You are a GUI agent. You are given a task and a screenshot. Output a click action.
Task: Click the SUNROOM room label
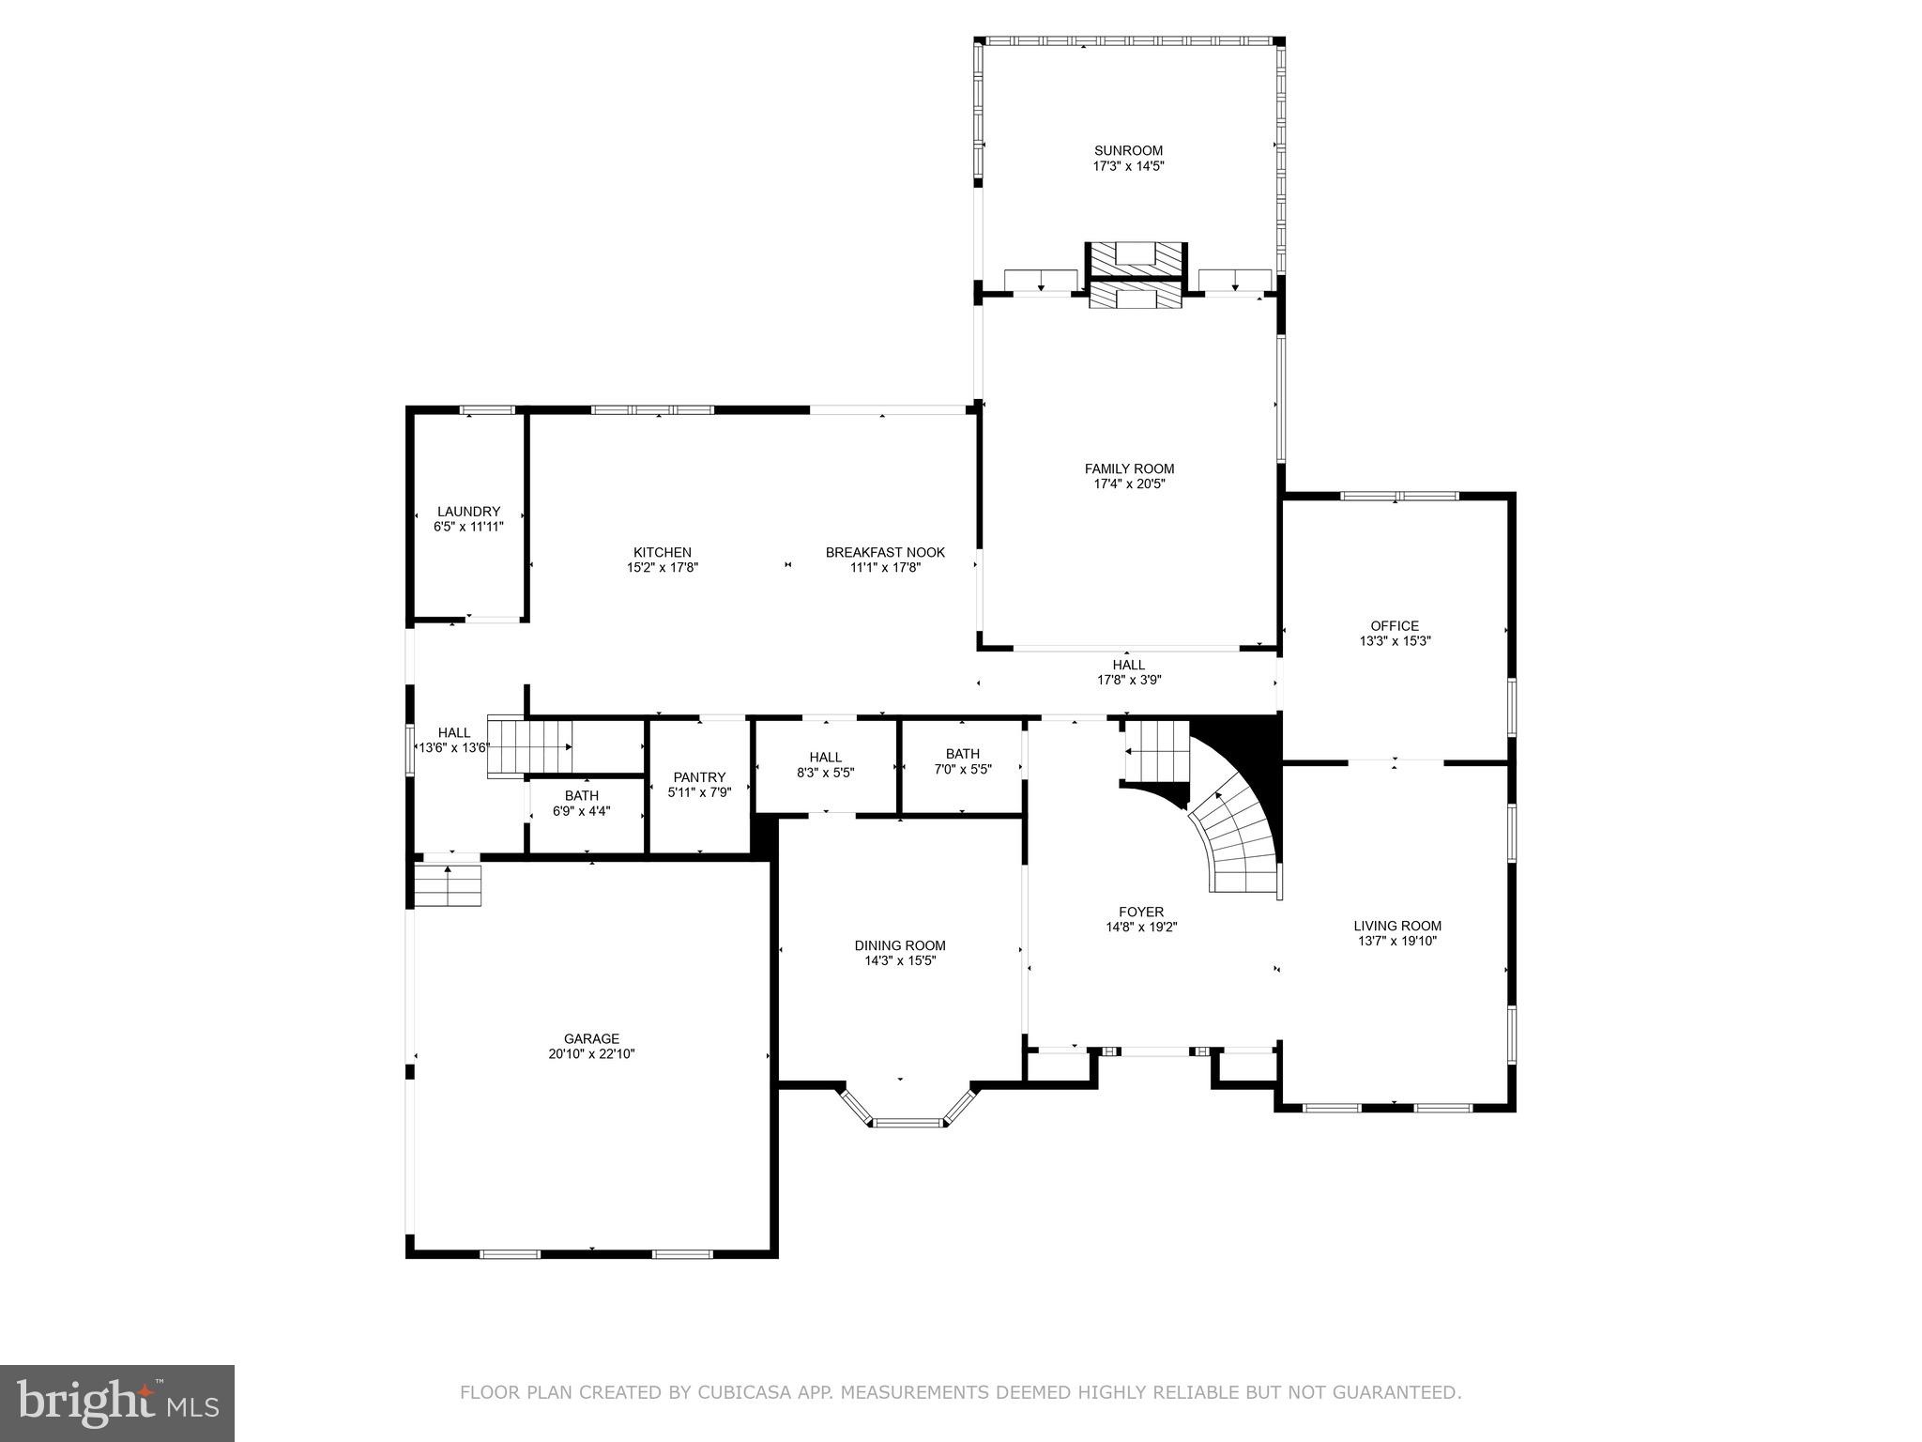(x=1128, y=150)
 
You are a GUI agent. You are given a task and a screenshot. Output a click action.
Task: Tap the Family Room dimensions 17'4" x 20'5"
(x=1129, y=484)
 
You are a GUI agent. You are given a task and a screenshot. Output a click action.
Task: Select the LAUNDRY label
(x=468, y=512)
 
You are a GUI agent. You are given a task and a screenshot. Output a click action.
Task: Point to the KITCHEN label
(x=662, y=552)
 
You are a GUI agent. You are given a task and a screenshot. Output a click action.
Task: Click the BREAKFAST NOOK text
(x=885, y=552)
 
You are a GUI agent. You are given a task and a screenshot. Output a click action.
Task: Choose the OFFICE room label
(x=1395, y=625)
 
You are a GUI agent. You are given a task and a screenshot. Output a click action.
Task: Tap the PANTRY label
(x=699, y=776)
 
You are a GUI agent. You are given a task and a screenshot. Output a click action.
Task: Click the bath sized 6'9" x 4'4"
(x=582, y=804)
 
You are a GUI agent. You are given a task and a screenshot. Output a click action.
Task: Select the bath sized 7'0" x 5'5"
(x=963, y=761)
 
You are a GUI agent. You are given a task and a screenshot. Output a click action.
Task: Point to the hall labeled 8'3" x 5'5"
(x=826, y=765)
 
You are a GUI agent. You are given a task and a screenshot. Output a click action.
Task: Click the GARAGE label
(x=591, y=1038)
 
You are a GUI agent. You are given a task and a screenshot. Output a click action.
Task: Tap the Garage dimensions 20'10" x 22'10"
(x=591, y=1054)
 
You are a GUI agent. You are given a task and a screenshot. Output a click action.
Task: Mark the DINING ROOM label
(x=900, y=945)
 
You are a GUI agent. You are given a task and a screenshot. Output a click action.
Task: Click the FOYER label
(x=1141, y=912)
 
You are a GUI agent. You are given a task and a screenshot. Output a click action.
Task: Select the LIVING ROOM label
(x=1397, y=926)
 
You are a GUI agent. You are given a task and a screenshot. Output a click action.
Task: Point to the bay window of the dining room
(x=908, y=1112)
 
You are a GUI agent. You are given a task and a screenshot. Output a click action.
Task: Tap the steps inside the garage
(x=448, y=885)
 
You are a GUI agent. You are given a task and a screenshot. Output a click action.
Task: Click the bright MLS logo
(x=116, y=1403)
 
